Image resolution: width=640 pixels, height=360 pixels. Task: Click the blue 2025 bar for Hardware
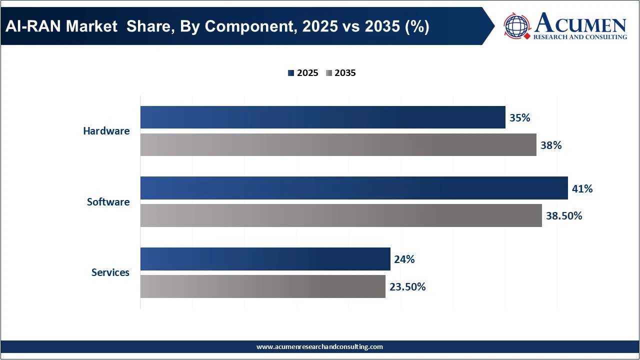click(x=322, y=117)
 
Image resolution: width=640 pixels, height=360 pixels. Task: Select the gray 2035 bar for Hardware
click(x=338, y=144)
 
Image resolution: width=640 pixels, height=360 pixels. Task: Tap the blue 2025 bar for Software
click(x=354, y=188)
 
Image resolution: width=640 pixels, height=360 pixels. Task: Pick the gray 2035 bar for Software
click(x=341, y=215)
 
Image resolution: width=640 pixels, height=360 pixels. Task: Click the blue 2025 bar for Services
click(x=265, y=259)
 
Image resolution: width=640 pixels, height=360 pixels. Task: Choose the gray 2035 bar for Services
click(x=262, y=286)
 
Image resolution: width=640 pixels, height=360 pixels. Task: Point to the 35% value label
click(x=519, y=118)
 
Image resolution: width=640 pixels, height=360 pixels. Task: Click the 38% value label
click(x=551, y=145)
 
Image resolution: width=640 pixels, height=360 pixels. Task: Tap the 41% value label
click(x=582, y=189)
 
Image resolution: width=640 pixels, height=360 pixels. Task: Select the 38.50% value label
click(x=564, y=216)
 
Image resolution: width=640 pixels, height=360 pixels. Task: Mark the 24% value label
click(x=404, y=259)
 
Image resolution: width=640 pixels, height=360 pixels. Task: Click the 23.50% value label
click(x=407, y=287)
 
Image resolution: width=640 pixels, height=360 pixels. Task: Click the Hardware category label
click(x=106, y=131)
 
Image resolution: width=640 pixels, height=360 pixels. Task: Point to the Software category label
click(x=108, y=202)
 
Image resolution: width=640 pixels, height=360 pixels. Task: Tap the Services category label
click(x=110, y=272)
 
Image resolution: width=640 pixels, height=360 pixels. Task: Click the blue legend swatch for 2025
click(x=290, y=73)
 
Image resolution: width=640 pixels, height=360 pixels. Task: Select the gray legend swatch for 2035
click(x=328, y=73)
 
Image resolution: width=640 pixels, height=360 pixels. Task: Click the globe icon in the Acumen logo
click(x=517, y=26)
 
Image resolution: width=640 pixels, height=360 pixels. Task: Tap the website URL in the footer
click(x=319, y=346)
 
